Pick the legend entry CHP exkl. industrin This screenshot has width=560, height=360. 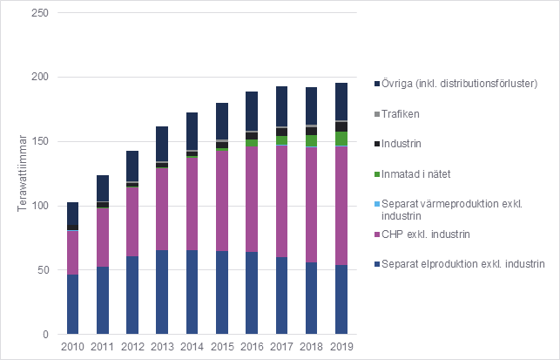pos(427,234)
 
